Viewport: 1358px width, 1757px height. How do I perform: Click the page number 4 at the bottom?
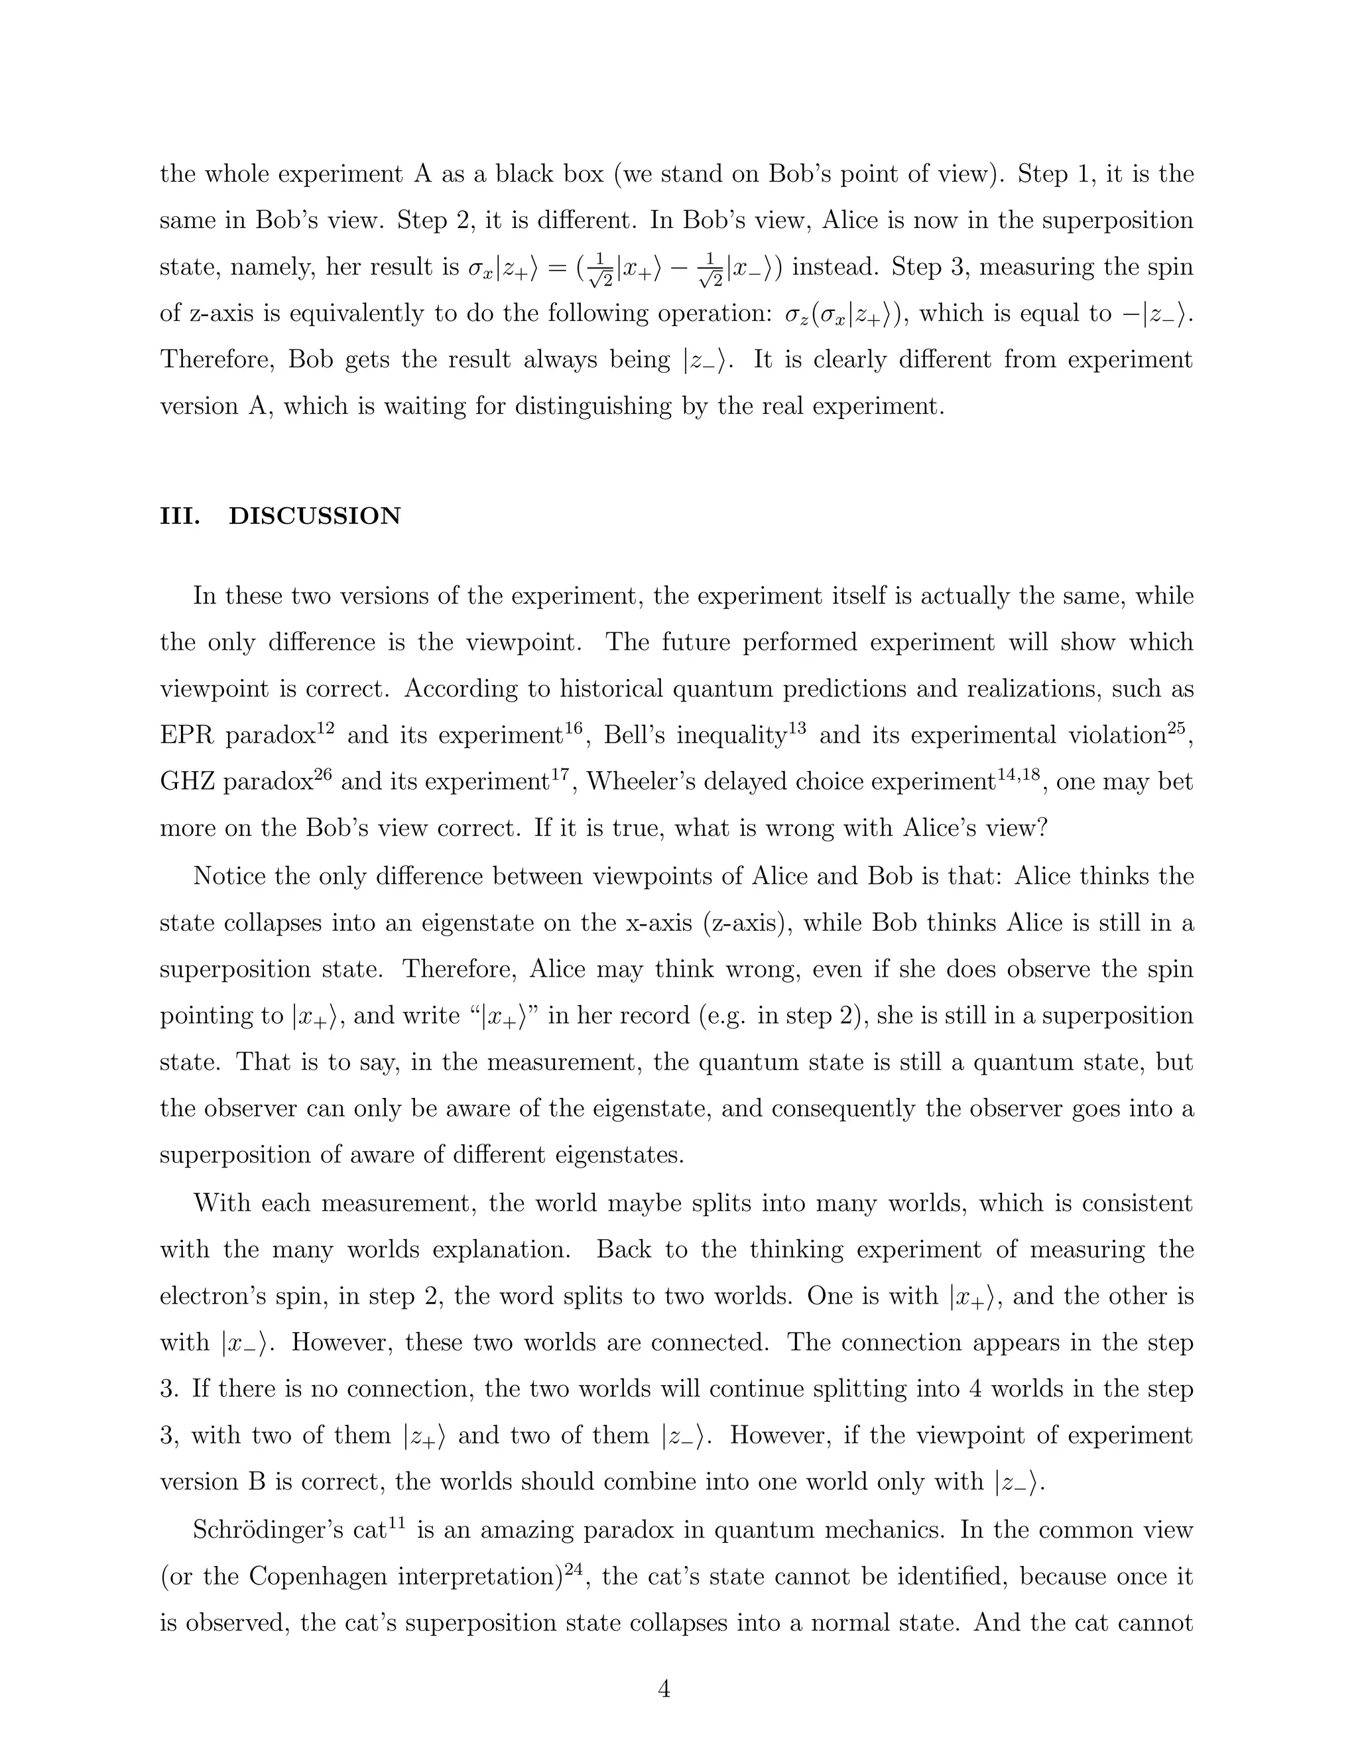664,1689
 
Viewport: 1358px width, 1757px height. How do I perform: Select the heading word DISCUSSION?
314,516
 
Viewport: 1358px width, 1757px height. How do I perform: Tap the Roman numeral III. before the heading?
180,516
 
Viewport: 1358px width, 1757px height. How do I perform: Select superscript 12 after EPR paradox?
325,727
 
